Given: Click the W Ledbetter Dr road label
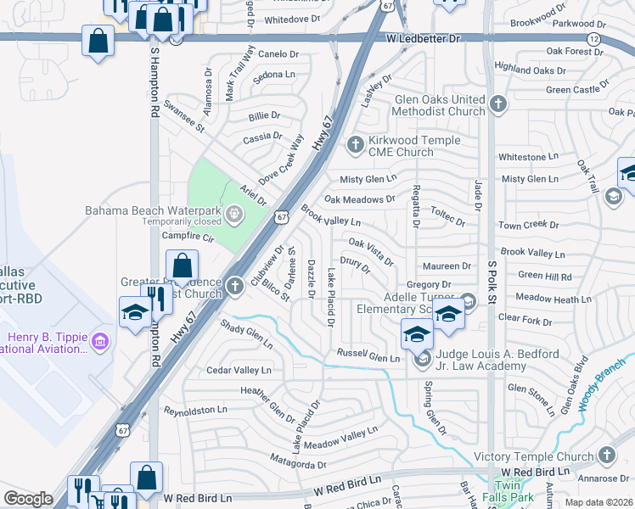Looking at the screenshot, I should [422, 39].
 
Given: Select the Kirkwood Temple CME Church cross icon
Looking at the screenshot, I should [355, 145].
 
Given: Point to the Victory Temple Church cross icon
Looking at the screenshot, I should [605, 456].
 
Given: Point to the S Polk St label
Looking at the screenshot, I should [491, 277].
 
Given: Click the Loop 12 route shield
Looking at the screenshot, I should [593, 39].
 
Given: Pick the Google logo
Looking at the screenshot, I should [28, 498].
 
